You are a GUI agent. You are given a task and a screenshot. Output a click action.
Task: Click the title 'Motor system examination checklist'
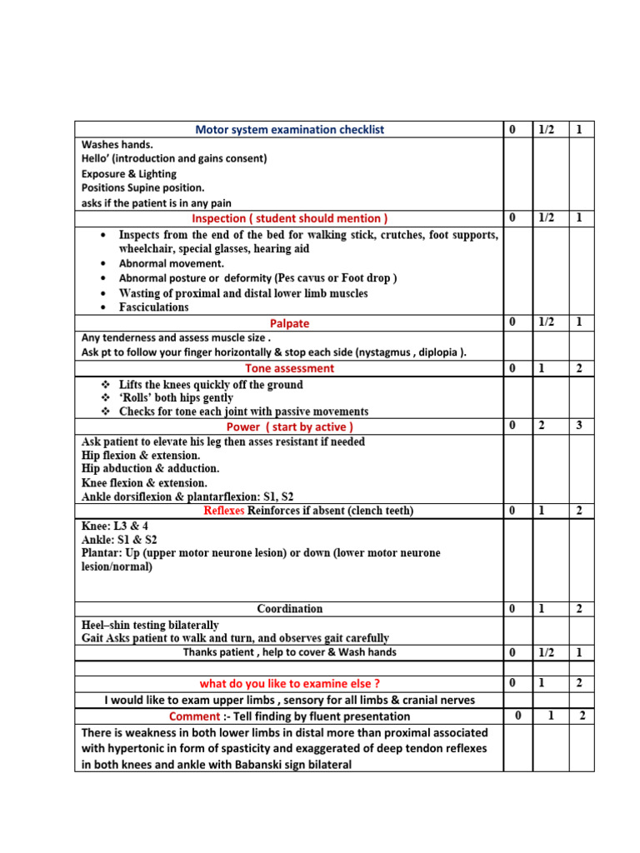click(289, 130)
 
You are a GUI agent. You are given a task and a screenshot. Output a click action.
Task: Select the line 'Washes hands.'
click(117, 144)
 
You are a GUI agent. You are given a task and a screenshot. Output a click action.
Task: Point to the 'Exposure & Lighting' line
click(129, 173)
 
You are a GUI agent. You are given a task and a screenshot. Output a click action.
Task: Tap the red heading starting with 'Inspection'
click(289, 218)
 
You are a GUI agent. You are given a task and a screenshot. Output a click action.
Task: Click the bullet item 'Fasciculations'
click(154, 307)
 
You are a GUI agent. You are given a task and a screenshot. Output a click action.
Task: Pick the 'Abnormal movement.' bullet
click(172, 263)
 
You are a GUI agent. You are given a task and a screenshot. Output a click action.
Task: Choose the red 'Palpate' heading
click(289, 322)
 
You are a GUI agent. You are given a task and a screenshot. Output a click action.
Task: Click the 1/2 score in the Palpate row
click(546, 322)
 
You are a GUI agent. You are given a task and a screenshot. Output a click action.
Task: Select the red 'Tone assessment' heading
click(289, 368)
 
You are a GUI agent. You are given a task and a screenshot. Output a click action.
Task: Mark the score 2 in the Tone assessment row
click(579, 368)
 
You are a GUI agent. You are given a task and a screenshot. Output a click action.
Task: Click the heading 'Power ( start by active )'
click(289, 427)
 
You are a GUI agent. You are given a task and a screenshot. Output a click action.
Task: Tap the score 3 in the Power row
click(579, 426)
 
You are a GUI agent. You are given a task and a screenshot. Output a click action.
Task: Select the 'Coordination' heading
click(289, 609)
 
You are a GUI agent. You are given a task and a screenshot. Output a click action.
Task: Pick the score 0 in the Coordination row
click(512, 609)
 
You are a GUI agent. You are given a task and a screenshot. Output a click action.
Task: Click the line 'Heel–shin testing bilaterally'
click(151, 625)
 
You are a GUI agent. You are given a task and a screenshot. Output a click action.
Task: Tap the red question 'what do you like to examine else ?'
click(289, 684)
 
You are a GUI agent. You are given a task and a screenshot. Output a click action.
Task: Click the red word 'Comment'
click(193, 716)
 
